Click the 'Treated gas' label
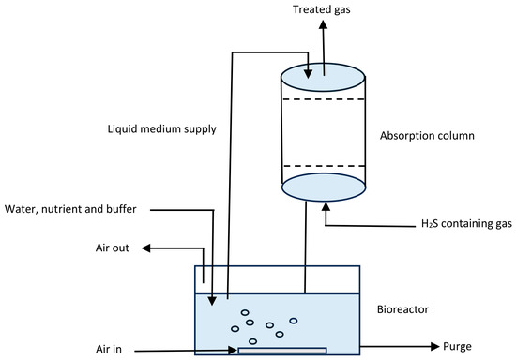click(x=322, y=9)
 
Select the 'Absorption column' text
click(x=427, y=136)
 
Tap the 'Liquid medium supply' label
click(x=162, y=128)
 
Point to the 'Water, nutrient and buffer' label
click(x=70, y=209)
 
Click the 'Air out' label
click(x=113, y=247)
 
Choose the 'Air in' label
click(x=109, y=349)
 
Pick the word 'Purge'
click(x=457, y=347)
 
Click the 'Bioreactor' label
click(x=402, y=309)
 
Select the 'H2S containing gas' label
click(x=466, y=224)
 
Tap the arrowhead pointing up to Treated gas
click(x=323, y=24)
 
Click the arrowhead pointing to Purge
click(x=435, y=346)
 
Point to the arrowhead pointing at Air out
click(x=146, y=248)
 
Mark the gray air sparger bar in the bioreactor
click(x=282, y=351)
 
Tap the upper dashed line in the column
click(x=324, y=99)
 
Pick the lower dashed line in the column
click(x=324, y=166)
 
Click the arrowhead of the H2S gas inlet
click(x=326, y=207)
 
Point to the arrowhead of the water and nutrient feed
click(x=212, y=301)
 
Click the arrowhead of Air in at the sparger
click(x=233, y=350)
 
